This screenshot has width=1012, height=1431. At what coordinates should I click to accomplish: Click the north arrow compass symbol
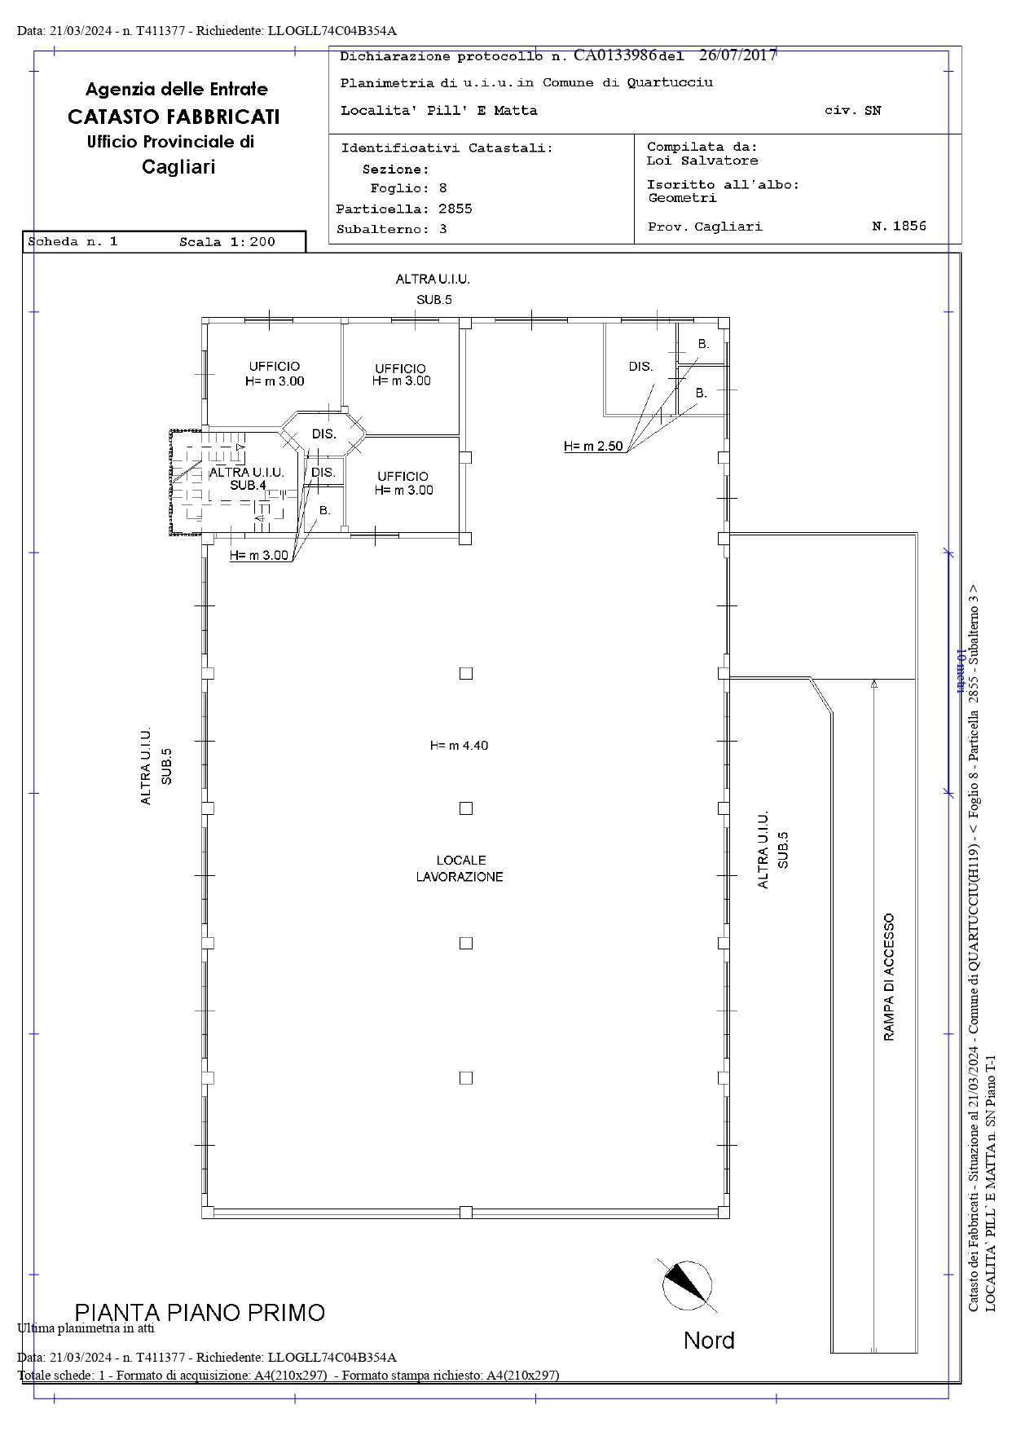tap(687, 1285)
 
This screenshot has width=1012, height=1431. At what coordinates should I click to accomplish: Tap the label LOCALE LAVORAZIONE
tap(460, 869)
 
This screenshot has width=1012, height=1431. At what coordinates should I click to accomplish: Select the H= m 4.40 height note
tap(460, 746)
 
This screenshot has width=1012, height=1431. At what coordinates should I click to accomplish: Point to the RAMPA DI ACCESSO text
tap(888, 977)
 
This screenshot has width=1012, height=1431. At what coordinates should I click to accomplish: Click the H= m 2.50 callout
tap(593, 447)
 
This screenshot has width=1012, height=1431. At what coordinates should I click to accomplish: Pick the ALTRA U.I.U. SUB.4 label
tap(247, 478)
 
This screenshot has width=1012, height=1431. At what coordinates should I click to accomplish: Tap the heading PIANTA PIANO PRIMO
tap(200, 1313)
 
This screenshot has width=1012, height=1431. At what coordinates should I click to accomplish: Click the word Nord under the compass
tap(709, 1341)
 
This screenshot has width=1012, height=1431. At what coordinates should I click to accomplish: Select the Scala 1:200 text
tap(227, 242)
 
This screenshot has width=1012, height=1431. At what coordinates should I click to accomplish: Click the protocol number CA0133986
tap(615, 55)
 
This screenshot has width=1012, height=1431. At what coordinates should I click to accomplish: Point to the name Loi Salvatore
tap(702, 161)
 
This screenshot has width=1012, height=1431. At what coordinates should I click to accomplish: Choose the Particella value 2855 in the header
tap(455, 209)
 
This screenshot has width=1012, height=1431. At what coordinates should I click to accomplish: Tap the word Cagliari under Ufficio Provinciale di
tap(178, 167)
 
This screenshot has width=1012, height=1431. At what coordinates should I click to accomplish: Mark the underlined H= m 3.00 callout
tap(259, 556)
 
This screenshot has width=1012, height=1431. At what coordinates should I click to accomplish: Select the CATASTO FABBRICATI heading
tap(174, 117)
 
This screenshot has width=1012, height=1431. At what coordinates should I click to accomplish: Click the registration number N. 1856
tap(899, 226)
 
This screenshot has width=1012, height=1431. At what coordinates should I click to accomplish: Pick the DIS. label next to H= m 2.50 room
tap(640, 367)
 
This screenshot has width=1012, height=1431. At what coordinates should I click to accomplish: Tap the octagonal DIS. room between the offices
tap(324, 434)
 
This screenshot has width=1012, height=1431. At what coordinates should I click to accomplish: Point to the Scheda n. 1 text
tap(73, 242)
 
